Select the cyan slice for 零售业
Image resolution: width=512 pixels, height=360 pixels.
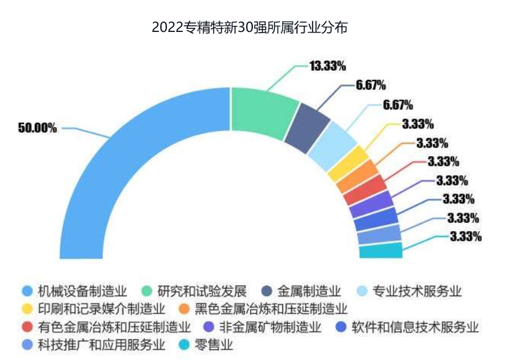pyautogui.click(x=381, y=251)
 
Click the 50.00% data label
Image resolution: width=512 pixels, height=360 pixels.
pyautogui.click(x=37, y=128)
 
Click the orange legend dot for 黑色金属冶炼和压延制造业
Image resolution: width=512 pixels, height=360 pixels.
pyautogui.click(x=184, y=308)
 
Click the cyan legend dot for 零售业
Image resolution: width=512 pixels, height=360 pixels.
pyautogui.click(x=184, y=344)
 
